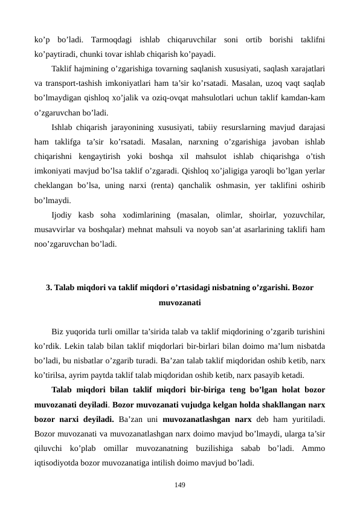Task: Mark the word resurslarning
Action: (239, 128)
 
